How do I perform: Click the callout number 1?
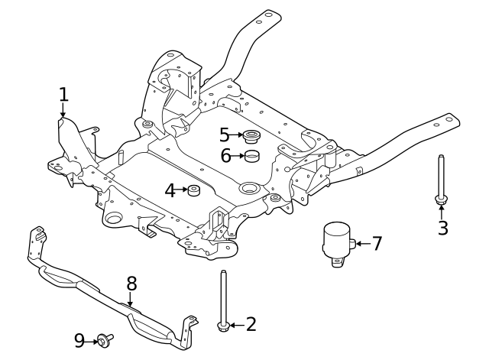pyautogui.click(x=63, y=94)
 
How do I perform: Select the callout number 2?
pyautogui.click(x=251, y=324)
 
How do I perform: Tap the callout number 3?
pyautogui.click(x=443, y=228)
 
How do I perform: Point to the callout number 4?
pyautogui.click(x=170, y=190)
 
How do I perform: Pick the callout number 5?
pyautogui.click(x=224, y=135)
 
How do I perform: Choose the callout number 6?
pyautogui.click(x=226, y=156)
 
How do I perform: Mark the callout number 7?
pyautogui.click(x=377, y=243)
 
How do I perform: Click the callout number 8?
pyautogui.click(x=131, y=284)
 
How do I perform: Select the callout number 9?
pyautogui.click(x=79, y=341)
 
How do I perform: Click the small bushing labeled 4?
pyautogui.click(x=193, y=190)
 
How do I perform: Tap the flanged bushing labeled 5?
pyautogui.click(x=252, y=137)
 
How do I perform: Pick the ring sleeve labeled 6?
pyautogui.click(x=252, y=156)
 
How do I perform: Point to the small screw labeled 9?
pyautogui.click(x=105, y=340)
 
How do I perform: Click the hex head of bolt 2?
pyautogui.click(x=223, y=326)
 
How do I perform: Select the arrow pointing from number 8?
pyautogui.click(x=130, y=300)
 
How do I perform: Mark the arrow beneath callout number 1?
pyautogui.click(x=63, y=110)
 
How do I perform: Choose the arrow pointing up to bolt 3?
pyautogui.click(x=442, y=212)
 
